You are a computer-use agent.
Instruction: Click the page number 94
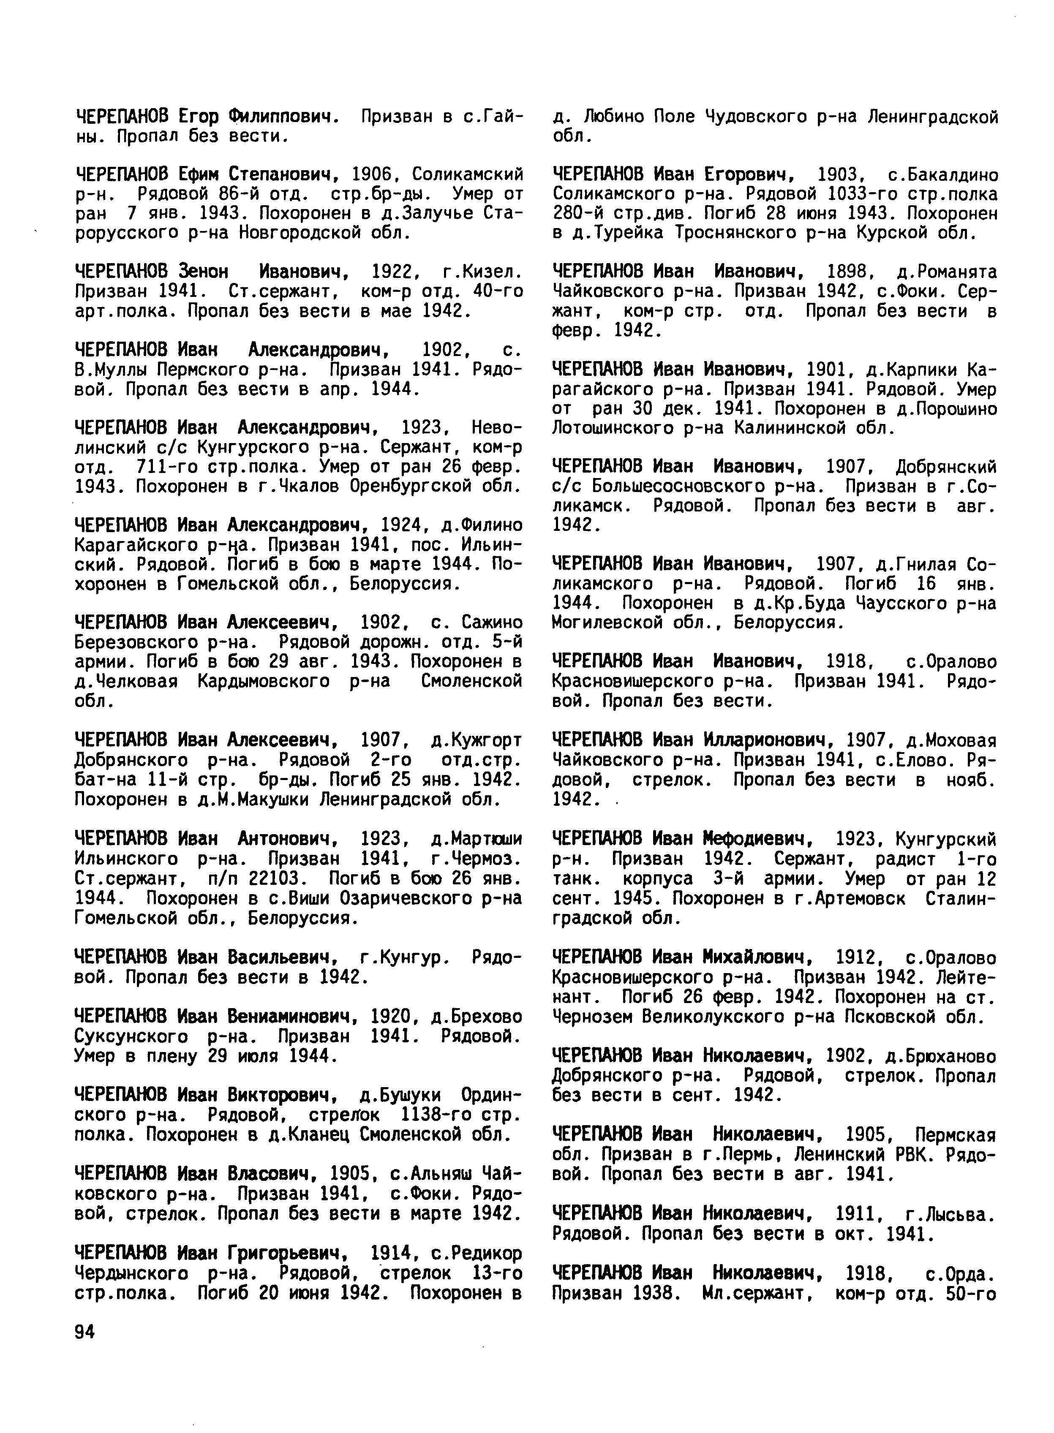tap(84, 1332)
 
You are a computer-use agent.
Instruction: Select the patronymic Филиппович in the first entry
tap(281, 117)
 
